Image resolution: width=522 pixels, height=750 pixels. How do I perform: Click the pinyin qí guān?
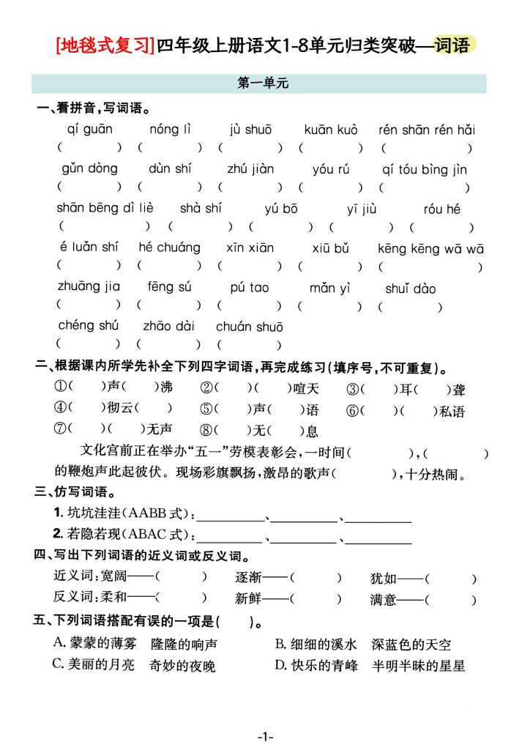click(x=89, y=130)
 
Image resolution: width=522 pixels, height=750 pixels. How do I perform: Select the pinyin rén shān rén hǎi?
click(x=426, y=130)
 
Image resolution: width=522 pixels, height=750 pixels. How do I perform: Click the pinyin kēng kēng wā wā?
click(x=430, y=249)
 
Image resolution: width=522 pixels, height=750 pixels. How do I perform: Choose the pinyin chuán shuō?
click(x=249, y=327)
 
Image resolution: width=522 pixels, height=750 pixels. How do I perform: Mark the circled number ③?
click(x=353, y=389)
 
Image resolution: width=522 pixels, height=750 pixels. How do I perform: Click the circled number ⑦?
click(x=61, y=429)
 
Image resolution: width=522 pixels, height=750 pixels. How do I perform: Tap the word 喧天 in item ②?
click(x=305, y=389)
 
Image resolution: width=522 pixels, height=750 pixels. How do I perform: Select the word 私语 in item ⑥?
click(x=452, y=411)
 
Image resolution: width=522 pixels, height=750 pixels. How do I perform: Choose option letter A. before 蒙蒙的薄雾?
click(x=60, y=643)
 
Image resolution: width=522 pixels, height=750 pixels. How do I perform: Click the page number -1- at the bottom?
click(x=264, y=735)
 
